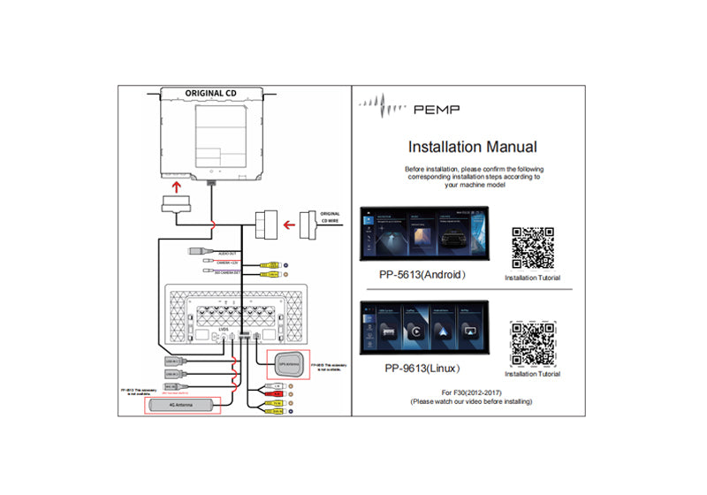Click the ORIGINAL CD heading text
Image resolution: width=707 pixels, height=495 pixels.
(210, 93)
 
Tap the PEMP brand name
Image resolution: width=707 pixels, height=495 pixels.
(437, 110)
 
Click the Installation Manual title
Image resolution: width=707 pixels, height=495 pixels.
(472, 147)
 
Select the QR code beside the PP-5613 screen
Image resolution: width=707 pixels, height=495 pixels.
(533, 247)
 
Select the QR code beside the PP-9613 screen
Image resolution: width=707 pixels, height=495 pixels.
(533, 344)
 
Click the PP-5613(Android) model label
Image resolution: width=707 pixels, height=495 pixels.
(422, 275)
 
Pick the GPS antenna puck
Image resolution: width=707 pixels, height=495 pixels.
(283, 363)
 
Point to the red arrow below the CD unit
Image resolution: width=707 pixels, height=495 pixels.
(177, 188)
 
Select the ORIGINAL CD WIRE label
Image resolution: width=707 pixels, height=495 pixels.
(330, 217)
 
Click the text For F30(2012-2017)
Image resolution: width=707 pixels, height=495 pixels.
(471, 392)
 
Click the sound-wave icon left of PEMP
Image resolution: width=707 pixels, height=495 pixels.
(384, 108)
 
